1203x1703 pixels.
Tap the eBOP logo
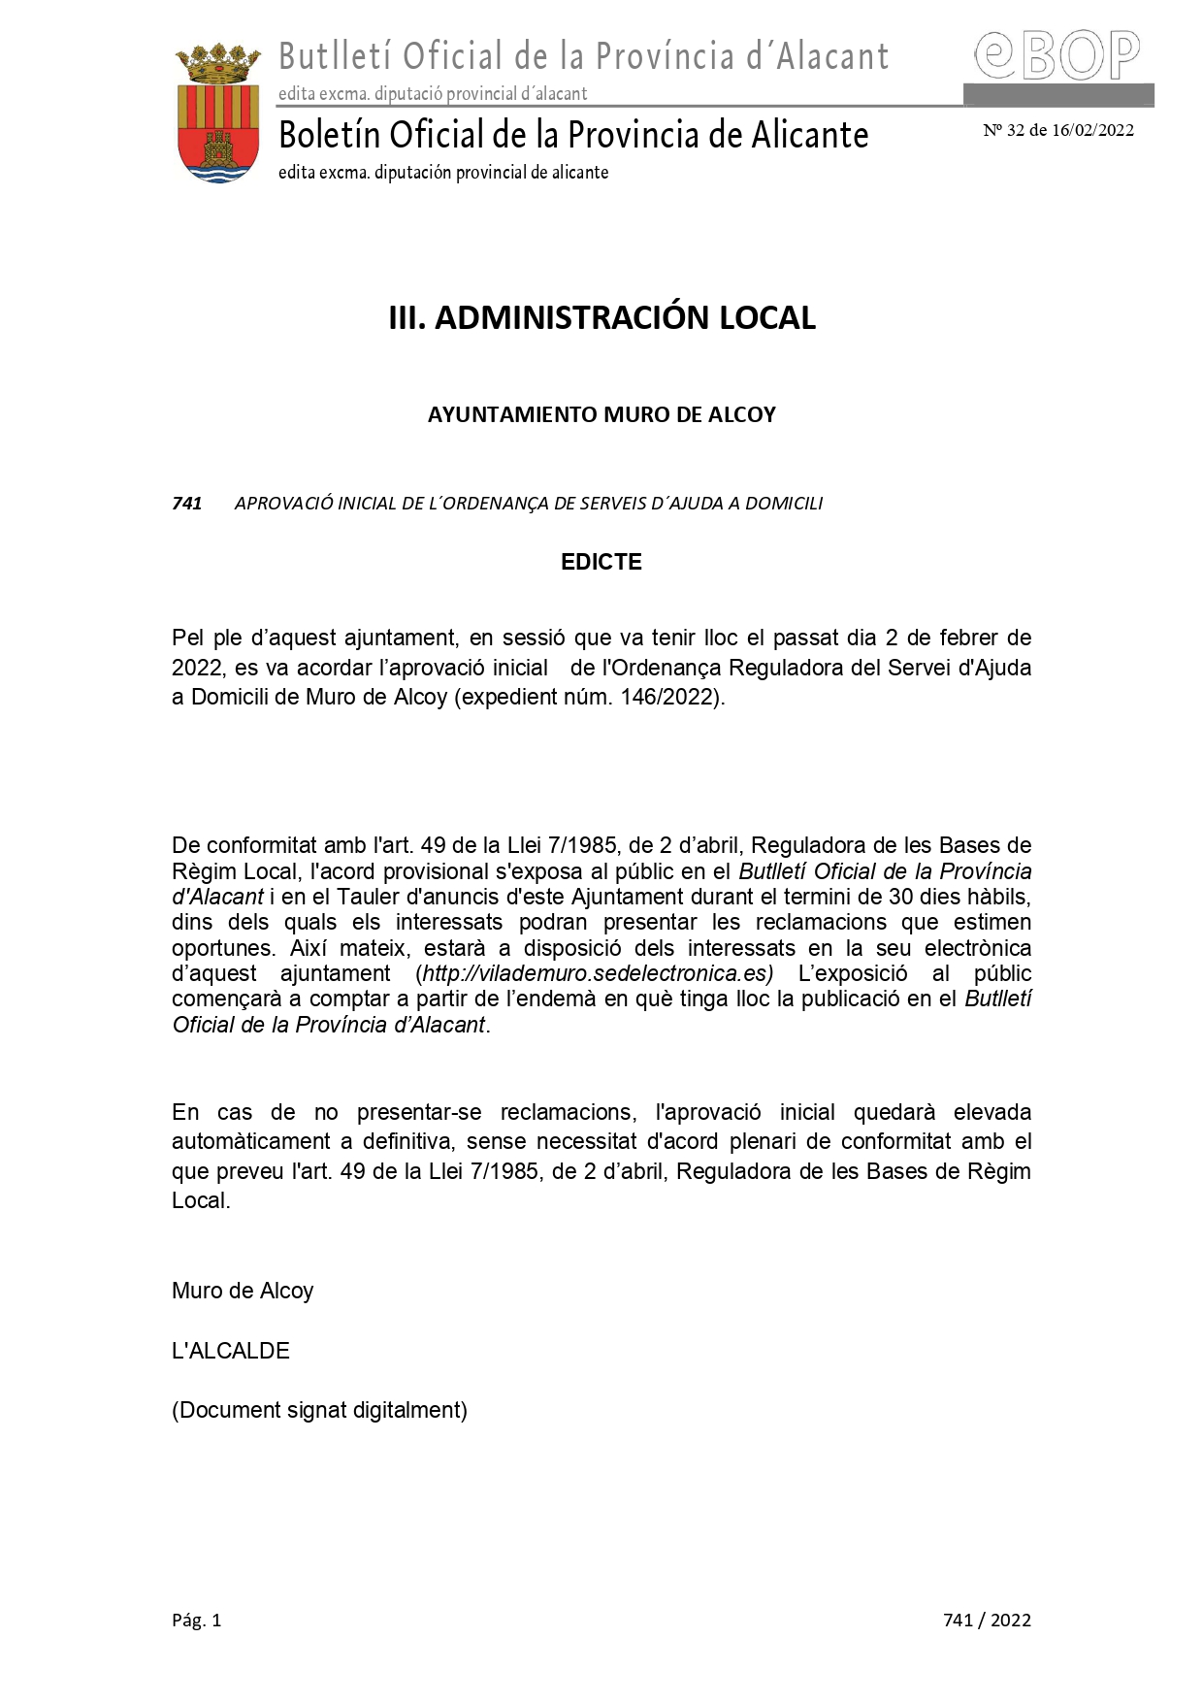point(1057,55)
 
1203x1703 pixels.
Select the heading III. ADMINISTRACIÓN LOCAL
point(601,318)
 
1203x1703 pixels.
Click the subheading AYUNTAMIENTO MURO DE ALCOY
point(601,415)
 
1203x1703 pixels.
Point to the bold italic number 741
point(186,504)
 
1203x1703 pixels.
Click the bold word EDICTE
point(601,563)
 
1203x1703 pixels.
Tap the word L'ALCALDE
point(231,1351)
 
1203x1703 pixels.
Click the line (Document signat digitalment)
point(319,1411)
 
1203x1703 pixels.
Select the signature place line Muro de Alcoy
point(243,1292)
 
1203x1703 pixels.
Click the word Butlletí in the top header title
point(336,57)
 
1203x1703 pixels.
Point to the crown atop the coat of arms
point(218,64)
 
